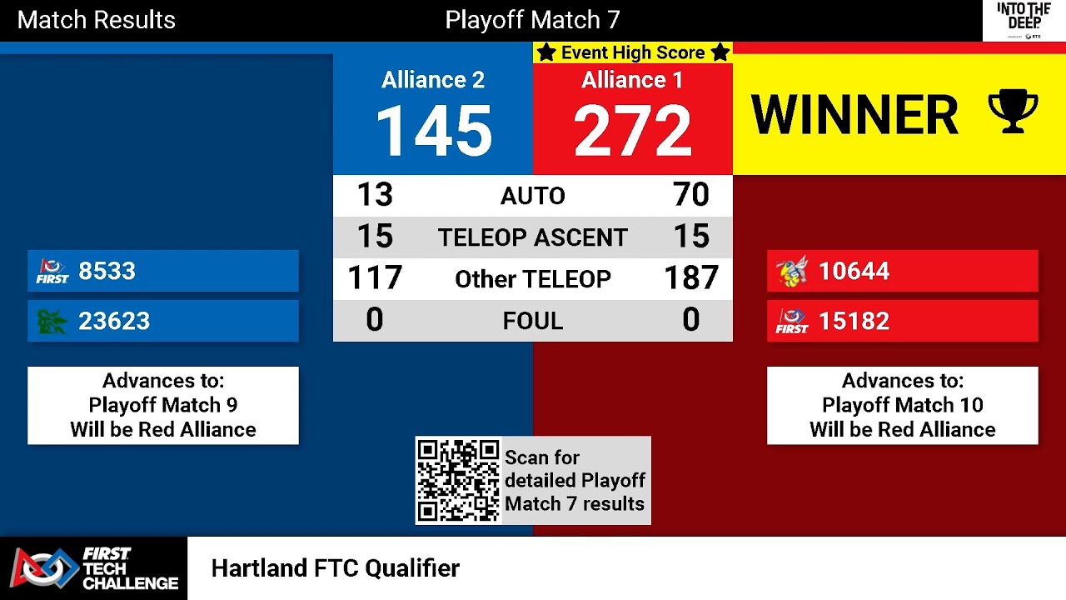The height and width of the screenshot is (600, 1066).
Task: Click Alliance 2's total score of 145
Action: pyautogui.click(x=433, y=131)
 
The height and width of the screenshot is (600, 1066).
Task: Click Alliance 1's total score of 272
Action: pyautogui.click(x=633, y=131)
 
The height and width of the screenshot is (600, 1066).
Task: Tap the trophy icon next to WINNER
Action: pyautogui.click(x=1013, y=112)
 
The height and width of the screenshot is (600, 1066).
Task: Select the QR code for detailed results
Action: pyautogui.click(x=458, y=481)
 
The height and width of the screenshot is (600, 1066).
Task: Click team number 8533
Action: pyautogui.click(x=107, y=271)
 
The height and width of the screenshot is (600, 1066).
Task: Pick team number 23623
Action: pyautogui.click(x=114, y=321)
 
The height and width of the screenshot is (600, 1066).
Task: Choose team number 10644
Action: pyautogui.click(x=854, y=271)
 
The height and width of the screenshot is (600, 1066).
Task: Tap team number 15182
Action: pyautogui.click(x=854, y=321)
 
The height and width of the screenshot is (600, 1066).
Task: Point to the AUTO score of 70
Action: pyautogui.click(x=691, y=195)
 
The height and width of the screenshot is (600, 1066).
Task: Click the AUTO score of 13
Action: pyautogui.click(x=375, y=195)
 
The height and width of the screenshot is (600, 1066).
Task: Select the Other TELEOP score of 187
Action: pyautogui.click(x=691, y=278)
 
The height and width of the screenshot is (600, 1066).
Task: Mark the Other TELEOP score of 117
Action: pyautogui.click(x=375, y=278)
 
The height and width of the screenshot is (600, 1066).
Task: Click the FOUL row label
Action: pyautogui.click(x=533, y=321)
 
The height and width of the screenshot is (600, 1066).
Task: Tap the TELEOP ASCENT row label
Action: pyautogui.click(x=533, y=237)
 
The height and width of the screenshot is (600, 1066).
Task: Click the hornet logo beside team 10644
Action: pyautogui.click(x=791, y=271)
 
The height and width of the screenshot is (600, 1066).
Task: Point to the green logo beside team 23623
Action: pyautogui.click(x=52, y=321)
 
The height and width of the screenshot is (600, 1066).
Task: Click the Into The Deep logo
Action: pyautogui.click(x=1024, y=20)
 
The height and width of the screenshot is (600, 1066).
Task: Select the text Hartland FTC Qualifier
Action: pyautogui.click(x=335, y=568)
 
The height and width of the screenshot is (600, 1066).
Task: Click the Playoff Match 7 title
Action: pyautogui.click(x=533, y=20)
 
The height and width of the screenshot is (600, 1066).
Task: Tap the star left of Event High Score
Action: pyautogui.click(x=546, y=52)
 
